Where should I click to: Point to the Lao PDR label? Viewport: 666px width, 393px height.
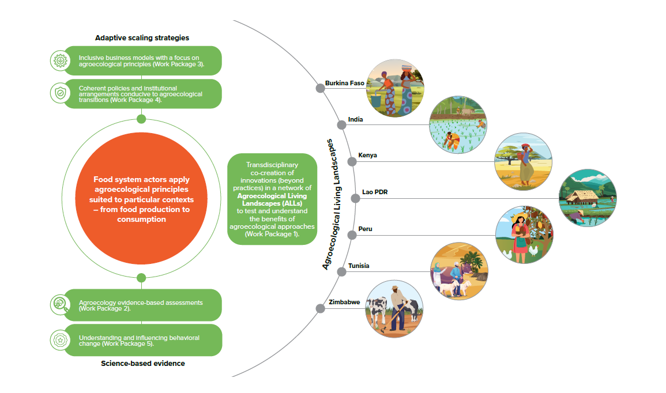(x=374, y=192)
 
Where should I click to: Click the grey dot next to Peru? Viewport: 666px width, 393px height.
(x=351, y=235)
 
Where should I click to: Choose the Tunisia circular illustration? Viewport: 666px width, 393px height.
(x=460, y=271)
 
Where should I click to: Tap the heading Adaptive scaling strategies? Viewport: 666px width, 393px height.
(x=142, y=37)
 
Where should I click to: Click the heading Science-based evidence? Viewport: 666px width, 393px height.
(x=142, y=364)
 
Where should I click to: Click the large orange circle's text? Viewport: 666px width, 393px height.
(x=141, y=199)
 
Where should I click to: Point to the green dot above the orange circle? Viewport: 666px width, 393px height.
(x=141, y=119)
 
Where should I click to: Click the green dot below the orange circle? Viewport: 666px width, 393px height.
(x=141, y=278)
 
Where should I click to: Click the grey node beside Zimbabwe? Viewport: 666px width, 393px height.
(x=320, y=308)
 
